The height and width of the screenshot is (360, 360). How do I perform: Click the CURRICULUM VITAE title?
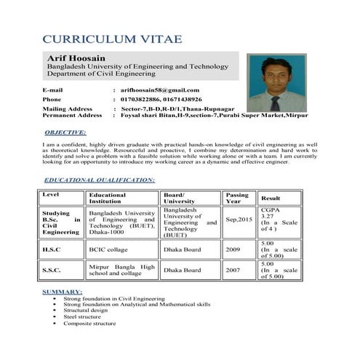coord(112,39)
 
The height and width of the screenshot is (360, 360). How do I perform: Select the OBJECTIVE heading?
coord(65,133)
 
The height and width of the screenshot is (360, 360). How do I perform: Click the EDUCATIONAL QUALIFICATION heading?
coord(99,179)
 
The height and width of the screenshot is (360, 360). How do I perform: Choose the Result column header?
coord(271,198)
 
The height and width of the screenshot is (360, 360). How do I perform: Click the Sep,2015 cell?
coord(239,219)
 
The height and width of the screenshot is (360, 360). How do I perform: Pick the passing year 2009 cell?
coord(232,249)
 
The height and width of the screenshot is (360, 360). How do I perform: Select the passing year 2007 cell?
coord(232,270)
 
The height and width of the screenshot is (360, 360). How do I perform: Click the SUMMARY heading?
coord(62,291)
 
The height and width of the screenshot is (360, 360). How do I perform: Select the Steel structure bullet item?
coord(82,317)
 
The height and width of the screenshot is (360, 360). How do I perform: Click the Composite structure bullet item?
coord(89,324)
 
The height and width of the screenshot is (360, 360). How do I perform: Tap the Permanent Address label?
coord(72,115)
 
